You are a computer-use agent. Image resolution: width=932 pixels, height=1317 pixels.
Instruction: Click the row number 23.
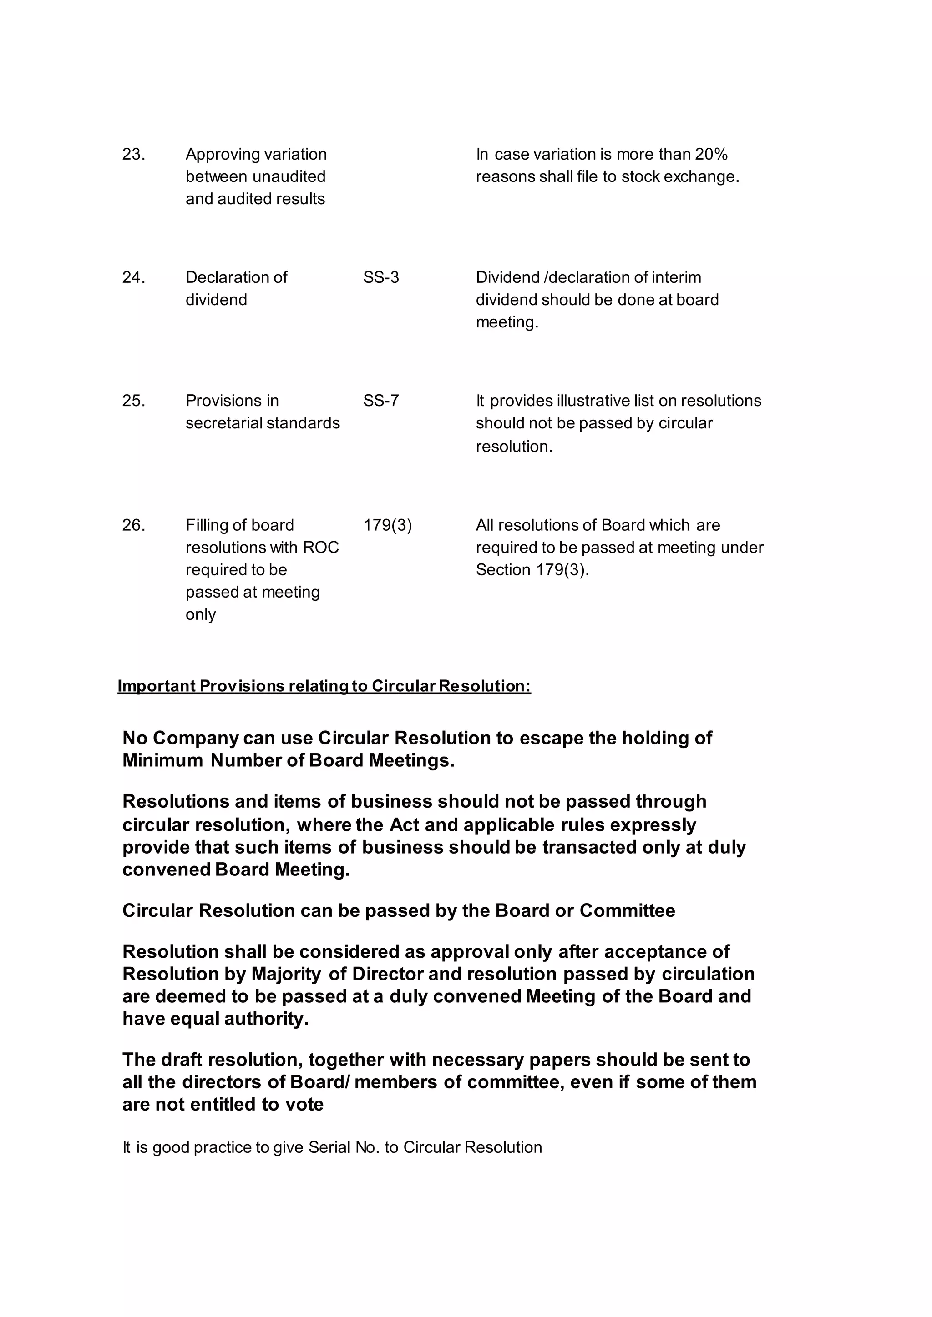133,154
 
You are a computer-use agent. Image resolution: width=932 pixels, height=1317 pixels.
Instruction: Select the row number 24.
133,277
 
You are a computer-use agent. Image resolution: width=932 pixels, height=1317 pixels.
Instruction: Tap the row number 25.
133,401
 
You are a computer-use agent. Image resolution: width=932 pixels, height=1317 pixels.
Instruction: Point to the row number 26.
133,525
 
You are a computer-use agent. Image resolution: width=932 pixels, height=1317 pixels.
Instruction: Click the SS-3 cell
381,277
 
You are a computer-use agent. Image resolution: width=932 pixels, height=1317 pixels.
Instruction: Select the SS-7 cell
381,401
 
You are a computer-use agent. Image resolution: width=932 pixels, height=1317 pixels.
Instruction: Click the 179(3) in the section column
387,525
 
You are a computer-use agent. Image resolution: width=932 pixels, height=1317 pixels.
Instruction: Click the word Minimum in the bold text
162,761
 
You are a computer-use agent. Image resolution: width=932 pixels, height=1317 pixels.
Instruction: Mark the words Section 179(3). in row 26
532,570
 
